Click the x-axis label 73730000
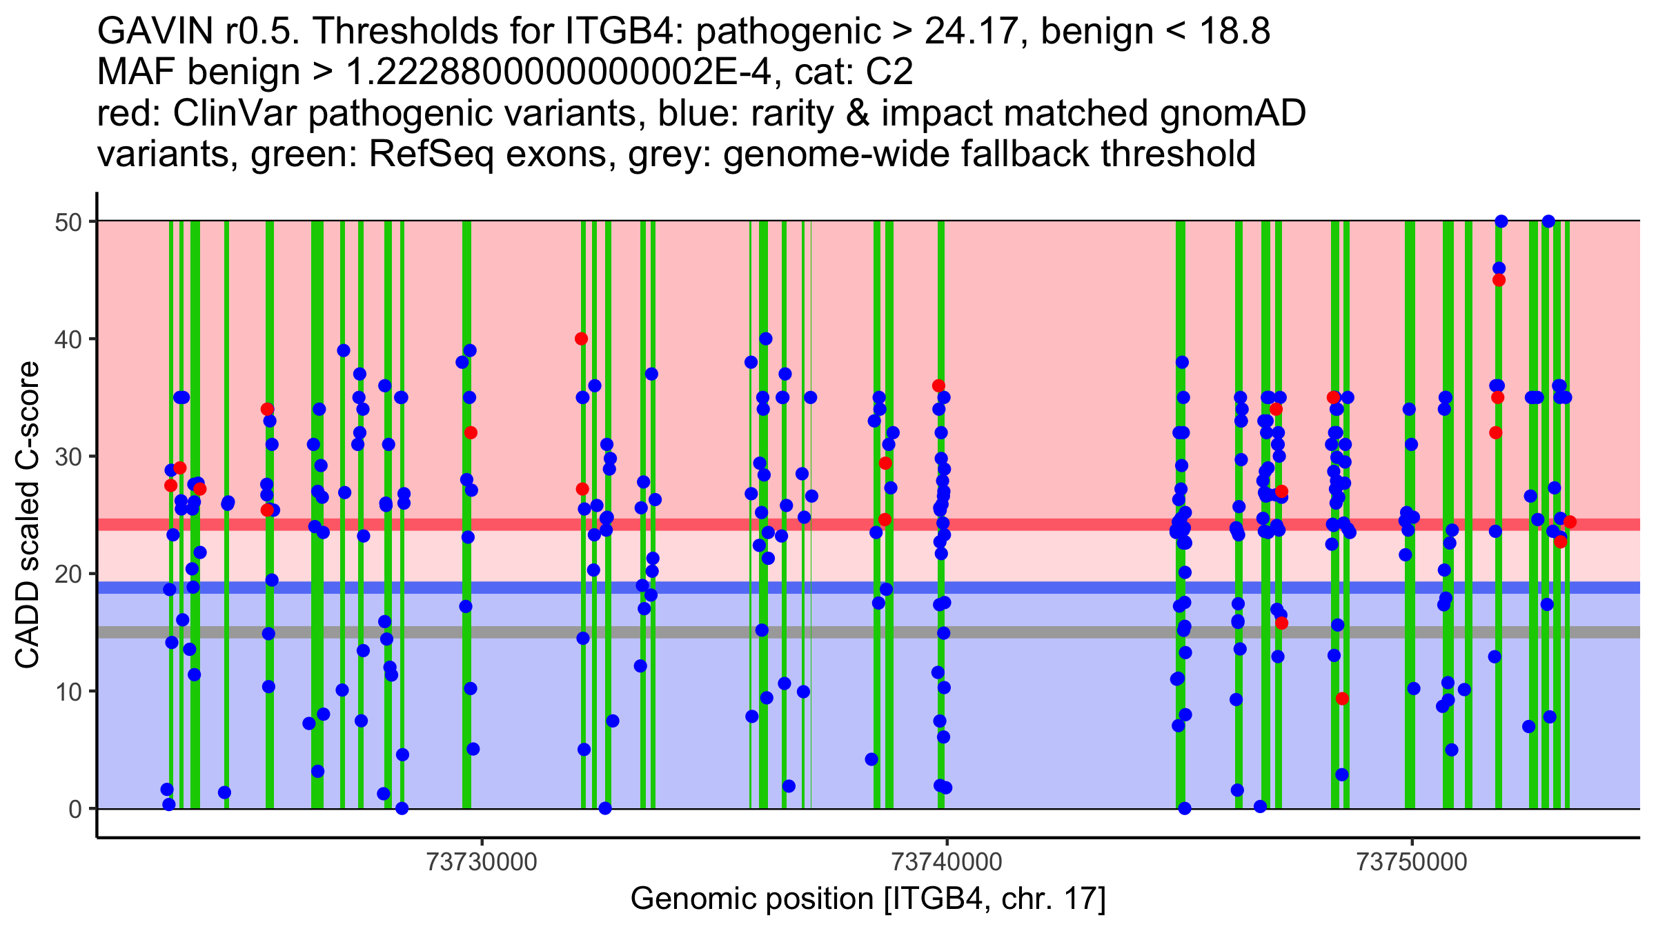pyautogui.click(x=482, y=863)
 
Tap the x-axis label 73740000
pyautogui.click(x=947, y=863)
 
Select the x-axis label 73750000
pyautogui.click(x=1412, y=863)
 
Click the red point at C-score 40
pyautogui.click(x=582, y=339)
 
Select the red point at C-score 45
pyautogui.click(x=1499, y=280)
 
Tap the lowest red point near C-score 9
pyautogui.click(x=1342, y=699)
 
